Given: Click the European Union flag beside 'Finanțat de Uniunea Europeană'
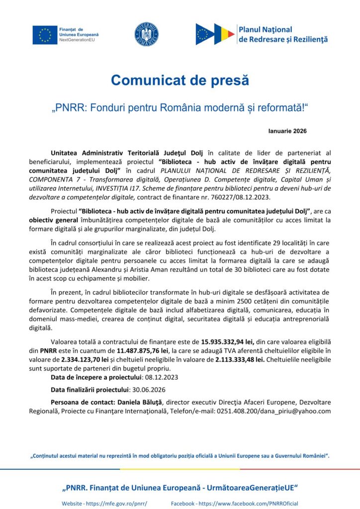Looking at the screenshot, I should click(x=45, y=34).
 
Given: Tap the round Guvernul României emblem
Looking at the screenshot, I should click(x=146, y=34).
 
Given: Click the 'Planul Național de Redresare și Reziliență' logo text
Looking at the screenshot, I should click(x=283, y=34).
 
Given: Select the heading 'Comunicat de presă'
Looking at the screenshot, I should click(x=180, y=80).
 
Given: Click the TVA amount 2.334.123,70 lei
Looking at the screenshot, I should click(x=86, y=359).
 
